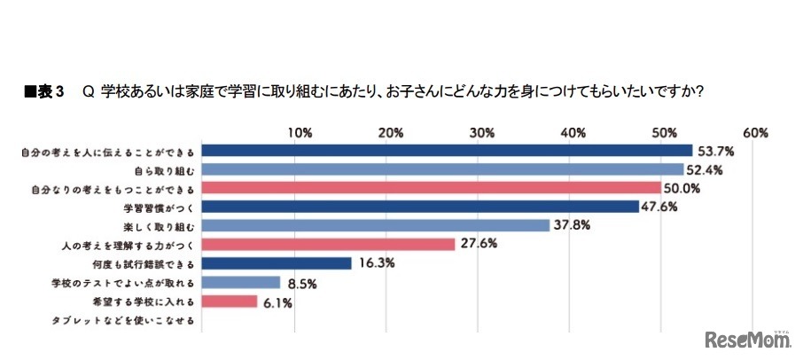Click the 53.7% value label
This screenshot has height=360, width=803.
(x=715, y=150)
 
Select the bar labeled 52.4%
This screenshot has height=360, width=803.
(x=443, y=169)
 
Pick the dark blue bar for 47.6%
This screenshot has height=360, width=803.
(x=420, y=207)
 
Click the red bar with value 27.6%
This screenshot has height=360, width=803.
(x=329, y=245)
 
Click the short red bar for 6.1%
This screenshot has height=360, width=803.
(x=230, y=302)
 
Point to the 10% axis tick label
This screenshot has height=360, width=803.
(x=300, y=132)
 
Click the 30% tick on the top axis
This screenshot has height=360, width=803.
(x=481, y=132)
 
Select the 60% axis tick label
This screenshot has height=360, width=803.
(x=755, y=132)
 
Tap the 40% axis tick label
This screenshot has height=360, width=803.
(x=573, y=132)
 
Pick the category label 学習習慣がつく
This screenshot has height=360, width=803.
(x=160, y=207)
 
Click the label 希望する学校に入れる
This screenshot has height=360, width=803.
(x=142, y=302)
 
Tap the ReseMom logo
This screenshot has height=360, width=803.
(x=746, y=340)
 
